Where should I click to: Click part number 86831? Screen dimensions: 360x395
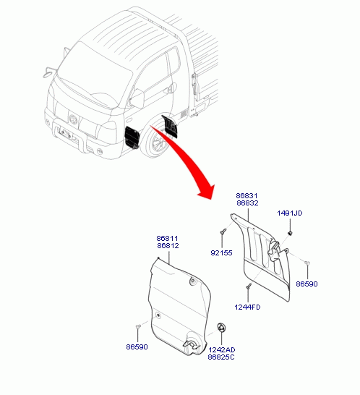coord(247,196)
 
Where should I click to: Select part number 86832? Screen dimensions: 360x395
coord(247,203)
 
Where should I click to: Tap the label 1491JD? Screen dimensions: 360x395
coord(289,213)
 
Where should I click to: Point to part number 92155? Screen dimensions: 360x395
coord(221,253)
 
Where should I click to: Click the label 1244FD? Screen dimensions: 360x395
coord(247,307)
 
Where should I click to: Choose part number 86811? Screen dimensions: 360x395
coord(167,238)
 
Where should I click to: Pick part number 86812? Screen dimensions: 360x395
coord(168,246)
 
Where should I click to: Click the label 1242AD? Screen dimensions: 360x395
coord(221,350)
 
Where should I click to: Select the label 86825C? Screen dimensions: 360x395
coord(221,357)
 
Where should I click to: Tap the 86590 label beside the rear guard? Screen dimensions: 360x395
coord(307,284)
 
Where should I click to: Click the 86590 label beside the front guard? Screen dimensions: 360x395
coord(137,347)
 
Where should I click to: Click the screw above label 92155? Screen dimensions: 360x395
coord(223,231)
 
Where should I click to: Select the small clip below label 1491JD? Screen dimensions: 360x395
coord(290,233)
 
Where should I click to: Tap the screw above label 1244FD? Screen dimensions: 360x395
coord(249,286)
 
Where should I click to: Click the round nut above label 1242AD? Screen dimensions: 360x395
coord(221,327)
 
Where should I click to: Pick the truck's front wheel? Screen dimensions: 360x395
coord(156,141)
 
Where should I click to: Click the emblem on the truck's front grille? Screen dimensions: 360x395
coord(73,119)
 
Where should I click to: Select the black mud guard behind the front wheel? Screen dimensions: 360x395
coord(170,126)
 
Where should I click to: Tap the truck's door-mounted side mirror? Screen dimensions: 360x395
coord(137,98)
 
